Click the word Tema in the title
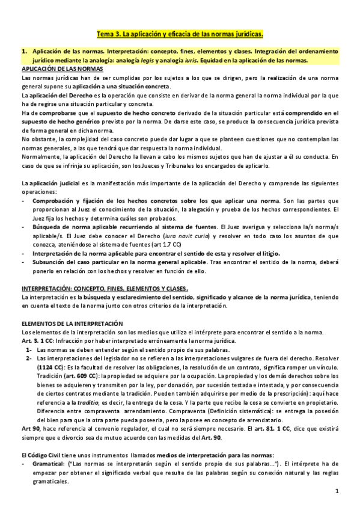click(106, 34)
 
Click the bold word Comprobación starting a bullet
click(53, 200)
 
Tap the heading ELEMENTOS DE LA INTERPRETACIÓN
click(72, 324)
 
